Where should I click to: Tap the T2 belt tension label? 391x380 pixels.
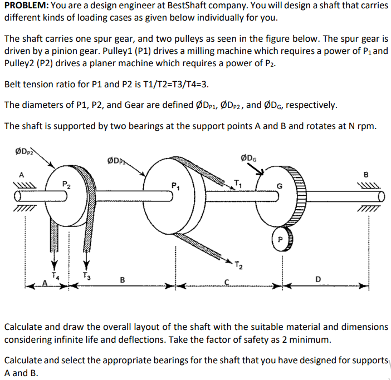(x=238, y=264)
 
